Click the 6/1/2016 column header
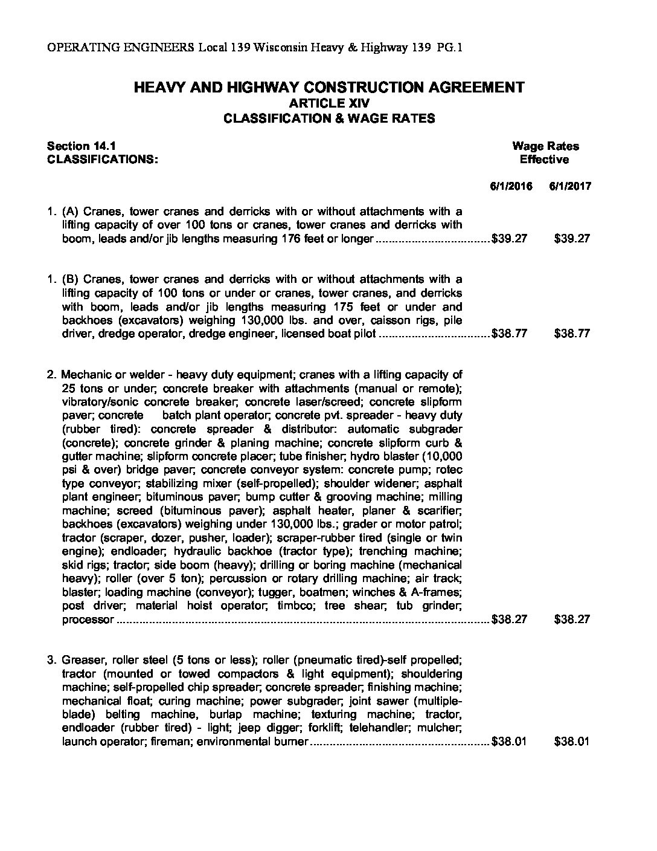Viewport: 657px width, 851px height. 511,186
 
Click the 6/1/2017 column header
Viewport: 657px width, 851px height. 570,186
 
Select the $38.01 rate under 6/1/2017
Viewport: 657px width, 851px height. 571,742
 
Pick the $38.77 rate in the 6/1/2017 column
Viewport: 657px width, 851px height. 571,334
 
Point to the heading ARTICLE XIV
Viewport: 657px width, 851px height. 328,103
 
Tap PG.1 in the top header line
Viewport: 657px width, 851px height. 451,48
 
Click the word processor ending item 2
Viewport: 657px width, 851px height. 88,620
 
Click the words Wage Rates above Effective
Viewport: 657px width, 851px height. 545,146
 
